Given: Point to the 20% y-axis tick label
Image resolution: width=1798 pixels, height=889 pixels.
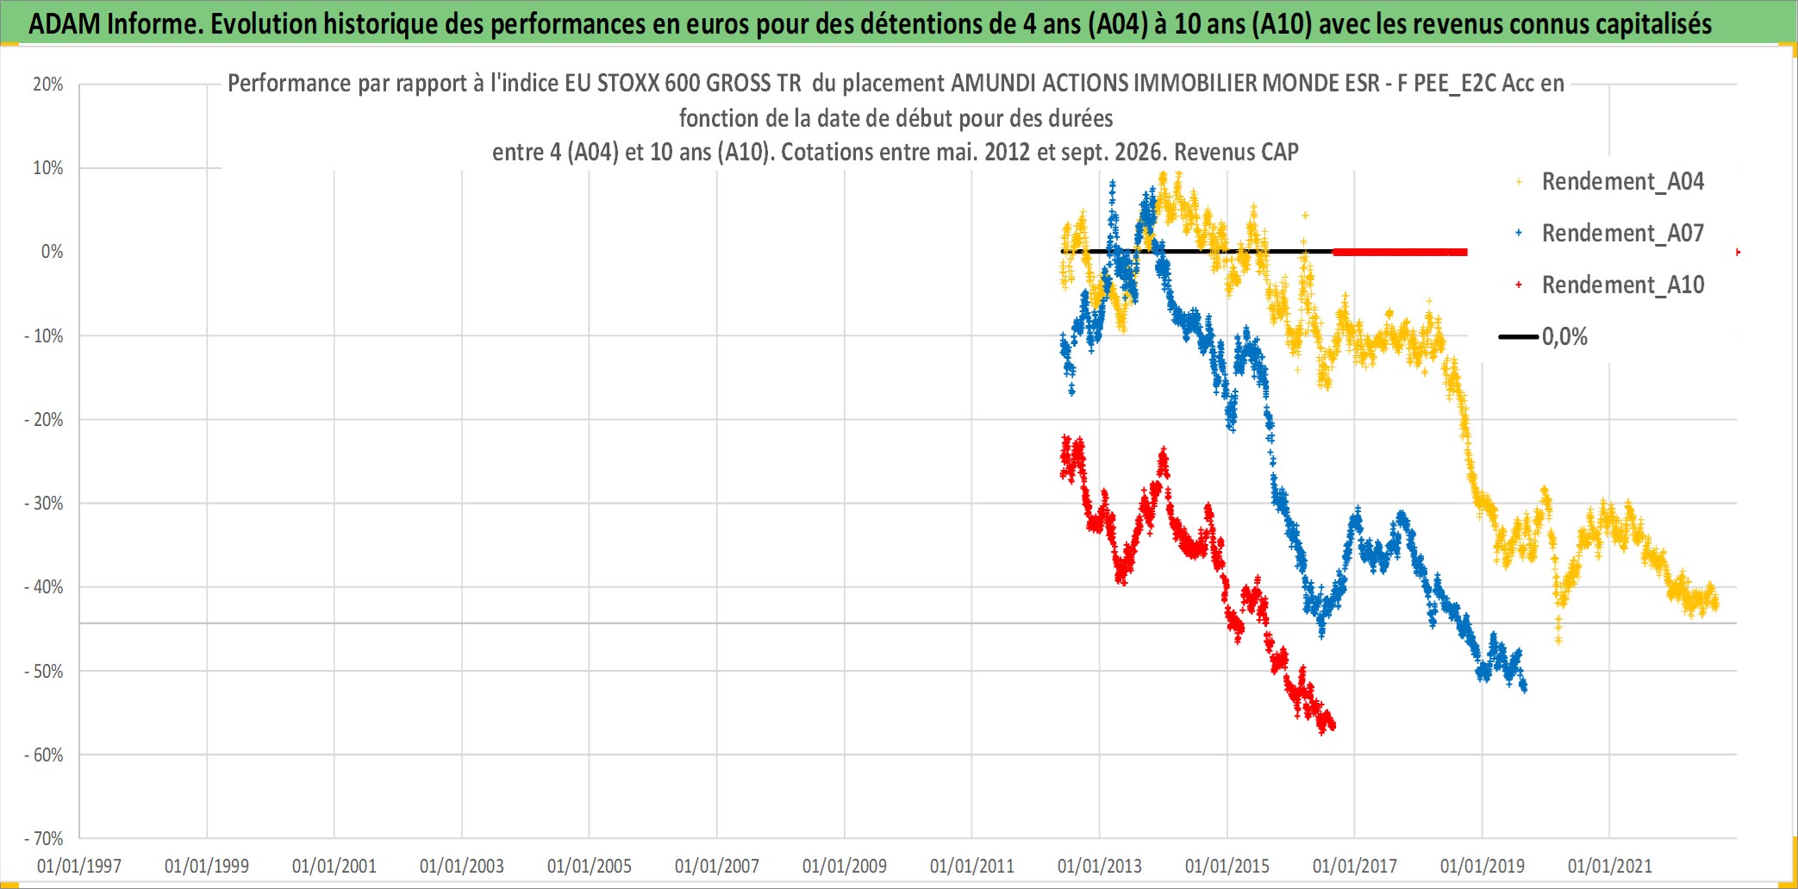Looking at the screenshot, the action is pyautogui.click(x=48, y=85).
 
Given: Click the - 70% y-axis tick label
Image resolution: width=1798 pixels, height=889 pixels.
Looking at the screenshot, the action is pyautogui.click(x=44, y=838).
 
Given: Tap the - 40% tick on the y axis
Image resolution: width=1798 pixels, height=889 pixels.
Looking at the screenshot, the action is pyautogui.click(x=44, y=587).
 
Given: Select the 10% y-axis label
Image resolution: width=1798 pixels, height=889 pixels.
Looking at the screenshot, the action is pyautogui.click(x=48, y=168).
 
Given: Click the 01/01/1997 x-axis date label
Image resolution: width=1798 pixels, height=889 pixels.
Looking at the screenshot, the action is pyautogui.click(x=79, y=866).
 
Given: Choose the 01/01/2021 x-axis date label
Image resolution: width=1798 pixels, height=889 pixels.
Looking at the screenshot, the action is pyautogui.click(x=1609, y=866).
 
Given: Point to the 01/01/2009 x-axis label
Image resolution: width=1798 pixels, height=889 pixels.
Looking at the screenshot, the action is pyautogui.click(x=845, y=866).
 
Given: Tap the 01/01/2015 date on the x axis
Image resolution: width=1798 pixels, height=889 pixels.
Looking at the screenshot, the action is pyautogui.click(x=1227, y=866).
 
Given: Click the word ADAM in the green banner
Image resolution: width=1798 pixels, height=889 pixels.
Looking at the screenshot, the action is pyautogui.click(x=65, y=24).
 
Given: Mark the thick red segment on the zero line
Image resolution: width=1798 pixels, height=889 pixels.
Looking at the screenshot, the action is pyautogui.click(x=1400, y=252).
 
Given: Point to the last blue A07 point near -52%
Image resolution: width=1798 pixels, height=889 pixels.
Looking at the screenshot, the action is pyautogui.click(x=1525, y=687).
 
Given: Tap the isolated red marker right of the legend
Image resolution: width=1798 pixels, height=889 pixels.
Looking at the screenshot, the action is pyautogui.click(x=1737, y=252).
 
